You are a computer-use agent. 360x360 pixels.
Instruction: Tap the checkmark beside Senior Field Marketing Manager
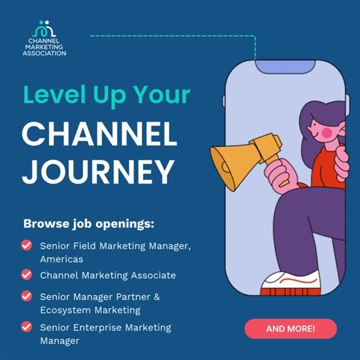click(x=26, y=245)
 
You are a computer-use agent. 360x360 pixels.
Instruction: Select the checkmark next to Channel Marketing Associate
click(x=26, y=275)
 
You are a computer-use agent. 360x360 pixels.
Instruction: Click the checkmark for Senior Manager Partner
click(x=26, y=296)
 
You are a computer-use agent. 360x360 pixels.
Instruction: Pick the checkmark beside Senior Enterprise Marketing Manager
click(x=26, y=326)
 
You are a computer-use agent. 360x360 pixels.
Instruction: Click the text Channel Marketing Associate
click(x=107, y=275)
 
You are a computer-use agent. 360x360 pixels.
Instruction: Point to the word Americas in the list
click(x=62, y=259)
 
